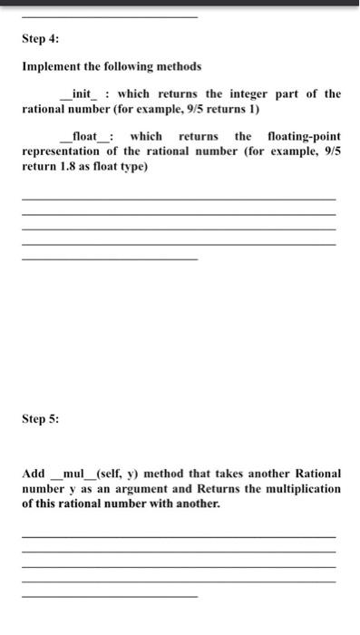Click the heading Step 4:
(x=40, y=40)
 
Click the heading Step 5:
(x=40, y=419)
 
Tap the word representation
(x=62, y=151)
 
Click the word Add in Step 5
(x=34, y=474)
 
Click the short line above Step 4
(x=109, y=17)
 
